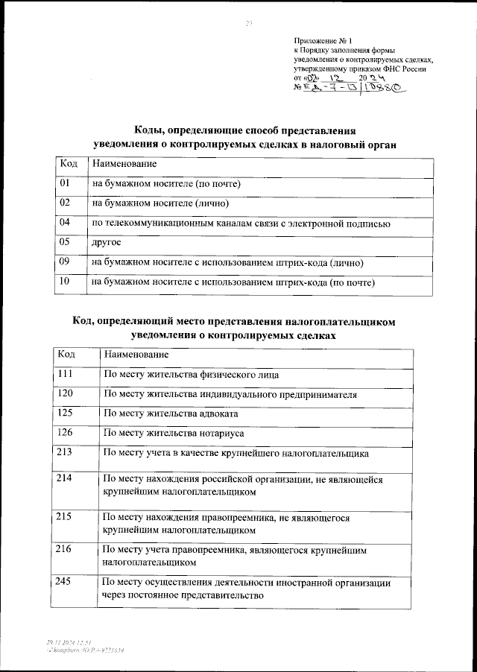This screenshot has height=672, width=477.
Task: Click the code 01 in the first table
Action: [64, 183]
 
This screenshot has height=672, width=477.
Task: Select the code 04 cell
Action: [64, 223]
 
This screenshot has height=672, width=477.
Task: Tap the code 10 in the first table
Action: [64, 282]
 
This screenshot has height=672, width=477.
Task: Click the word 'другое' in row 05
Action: [106, 243]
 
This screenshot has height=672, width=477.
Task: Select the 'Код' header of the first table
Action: [67, 162]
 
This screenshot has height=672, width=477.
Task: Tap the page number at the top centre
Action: [239, 23]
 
